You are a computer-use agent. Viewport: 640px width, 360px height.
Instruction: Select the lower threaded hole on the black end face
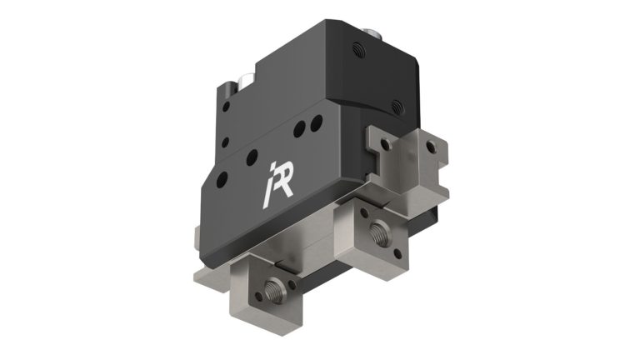[x=397, y=106]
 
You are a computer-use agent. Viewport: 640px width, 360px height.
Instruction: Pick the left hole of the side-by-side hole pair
[x=299, y=128]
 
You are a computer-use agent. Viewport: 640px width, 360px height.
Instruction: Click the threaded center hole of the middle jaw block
[x=382, y=230]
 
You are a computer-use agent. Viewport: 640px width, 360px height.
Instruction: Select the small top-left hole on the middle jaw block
[x=367, y=212]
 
